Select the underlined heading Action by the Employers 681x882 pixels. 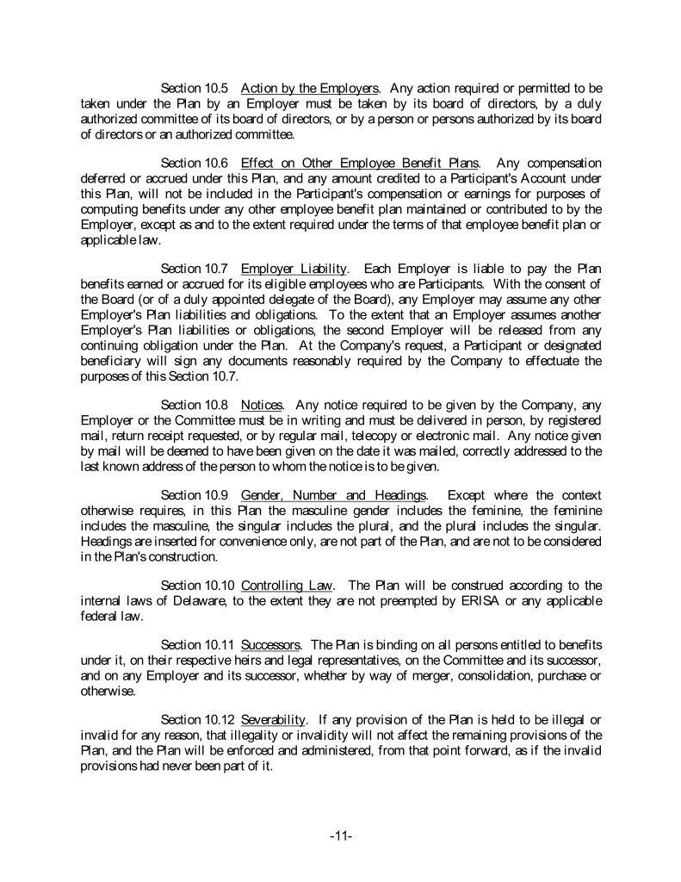[x=310, y=88]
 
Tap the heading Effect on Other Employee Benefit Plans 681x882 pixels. [x=360, y=163]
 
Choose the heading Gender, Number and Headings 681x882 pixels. [x=334, y=495]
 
